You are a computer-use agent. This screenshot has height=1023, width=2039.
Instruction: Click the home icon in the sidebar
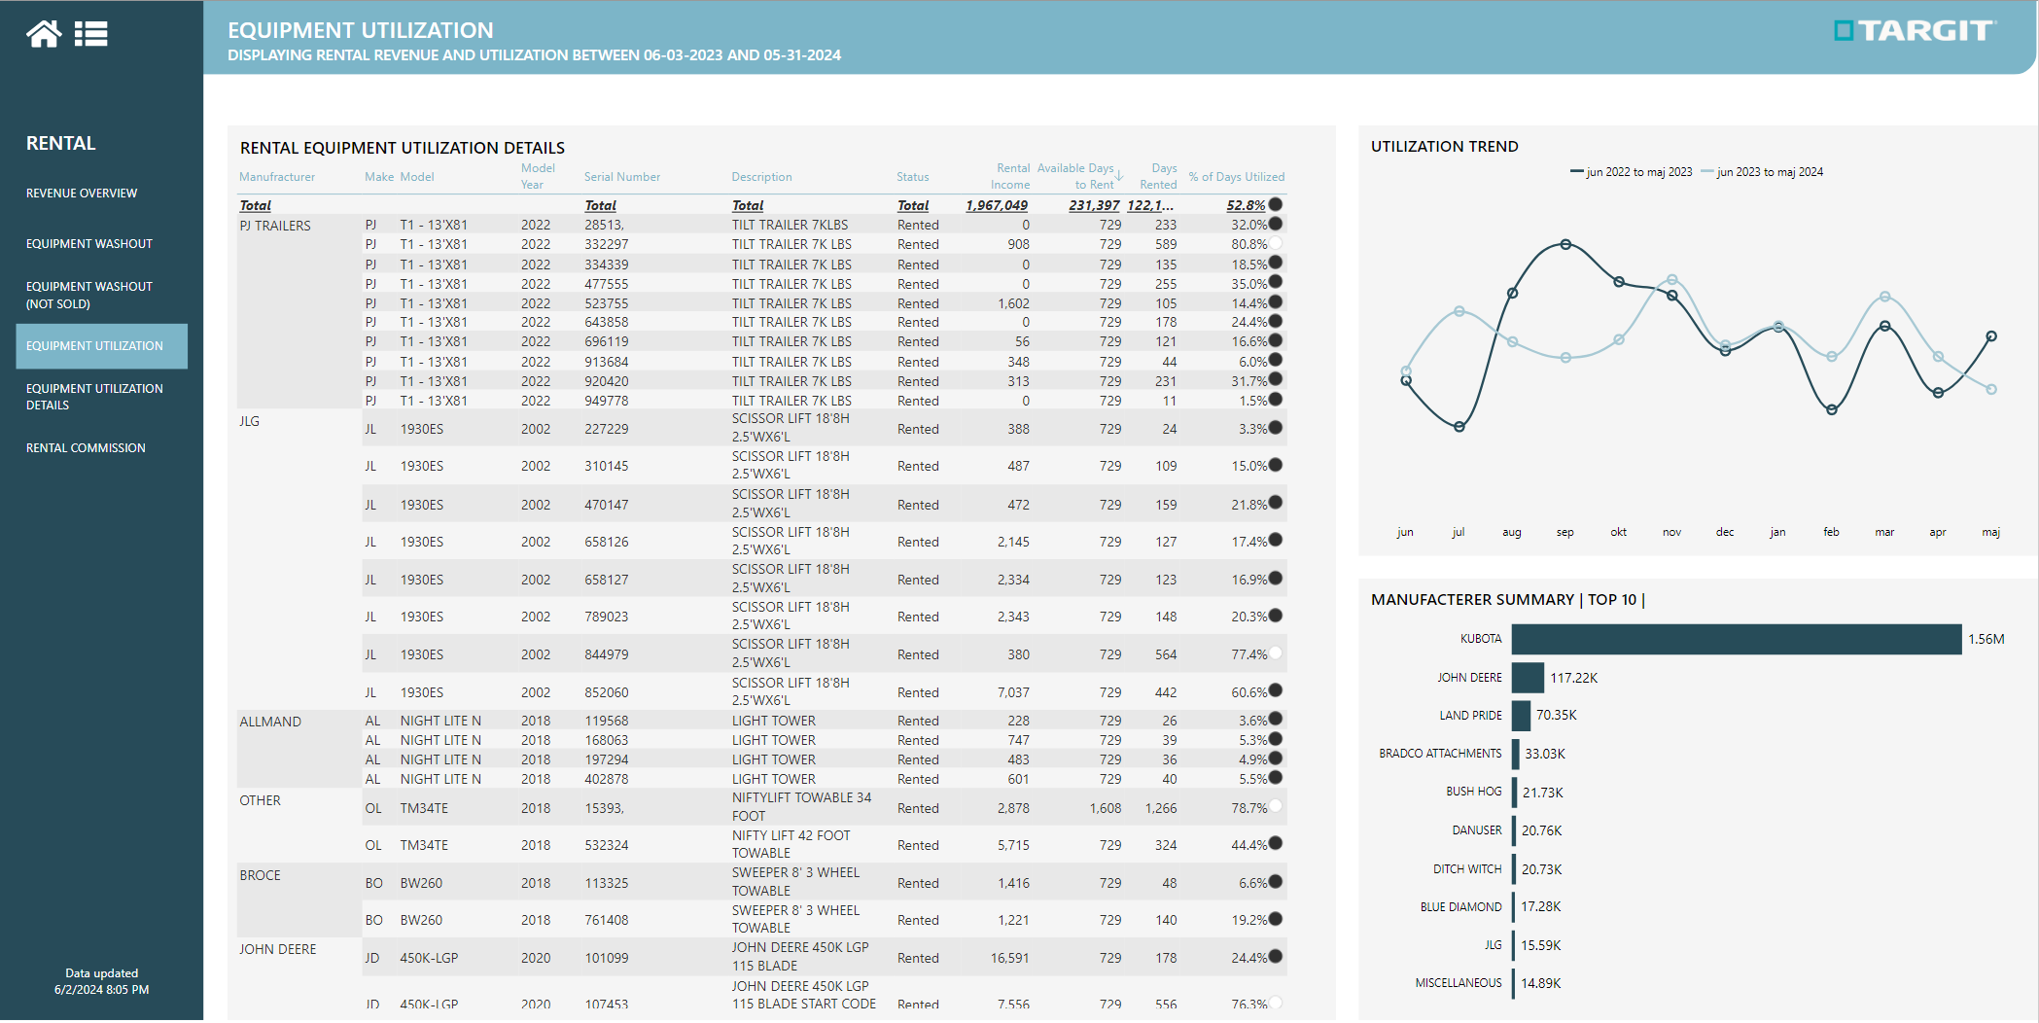tap(44, 34)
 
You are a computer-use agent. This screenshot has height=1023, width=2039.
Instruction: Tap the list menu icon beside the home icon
tap(90, 34)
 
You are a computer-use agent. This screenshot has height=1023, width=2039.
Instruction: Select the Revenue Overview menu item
tap(82, 194)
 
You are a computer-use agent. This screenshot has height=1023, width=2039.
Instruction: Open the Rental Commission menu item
tap(86, 448)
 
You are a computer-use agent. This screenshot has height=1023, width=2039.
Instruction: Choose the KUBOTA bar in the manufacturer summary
tap(1736, 639)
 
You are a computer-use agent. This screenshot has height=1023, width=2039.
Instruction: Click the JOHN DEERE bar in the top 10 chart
tap(1528, 678)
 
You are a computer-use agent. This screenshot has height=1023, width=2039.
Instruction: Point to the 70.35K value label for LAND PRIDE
tap(1556, 715)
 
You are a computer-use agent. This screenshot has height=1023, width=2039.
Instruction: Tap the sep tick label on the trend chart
tap(1564, 532)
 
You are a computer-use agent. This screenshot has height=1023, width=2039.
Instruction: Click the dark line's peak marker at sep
tap(1565, 245)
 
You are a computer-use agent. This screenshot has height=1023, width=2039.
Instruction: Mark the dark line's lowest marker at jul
tap(1459, 426)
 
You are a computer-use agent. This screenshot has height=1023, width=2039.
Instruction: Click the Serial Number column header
tap(621, 177)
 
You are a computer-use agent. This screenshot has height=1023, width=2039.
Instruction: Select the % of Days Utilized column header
tap(1236, 177)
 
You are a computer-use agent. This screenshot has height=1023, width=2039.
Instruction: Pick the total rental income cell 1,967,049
tap(997, 205)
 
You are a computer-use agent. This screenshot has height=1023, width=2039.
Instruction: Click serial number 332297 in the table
tap(606, 245)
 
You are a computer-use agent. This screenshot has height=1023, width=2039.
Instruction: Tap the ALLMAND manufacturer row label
tap(270, 722)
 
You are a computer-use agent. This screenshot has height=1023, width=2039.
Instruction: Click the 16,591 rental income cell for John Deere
tap(1009, 958)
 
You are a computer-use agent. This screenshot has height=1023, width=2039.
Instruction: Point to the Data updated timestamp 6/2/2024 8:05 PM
tap(101, 990)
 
